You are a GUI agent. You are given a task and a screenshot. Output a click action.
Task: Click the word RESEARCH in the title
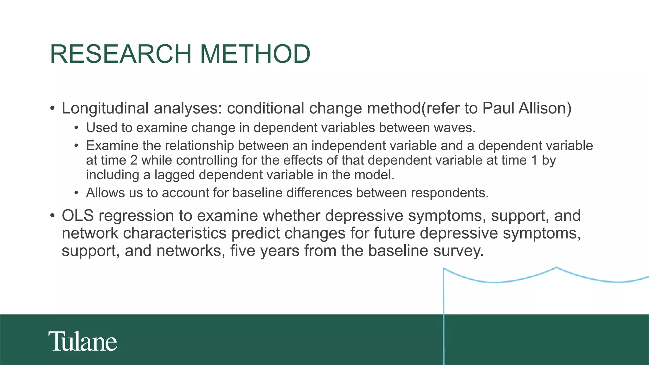pos(121,54)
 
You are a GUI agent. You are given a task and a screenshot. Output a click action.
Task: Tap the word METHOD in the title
pos(255,54)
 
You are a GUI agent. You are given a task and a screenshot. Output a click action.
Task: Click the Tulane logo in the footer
pos(83,341)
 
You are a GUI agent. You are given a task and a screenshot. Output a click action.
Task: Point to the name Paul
pos(498,108)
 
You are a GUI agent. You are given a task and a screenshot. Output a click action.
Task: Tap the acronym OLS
pos(78,216)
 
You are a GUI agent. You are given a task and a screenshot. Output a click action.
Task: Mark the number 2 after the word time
pos(134,160)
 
